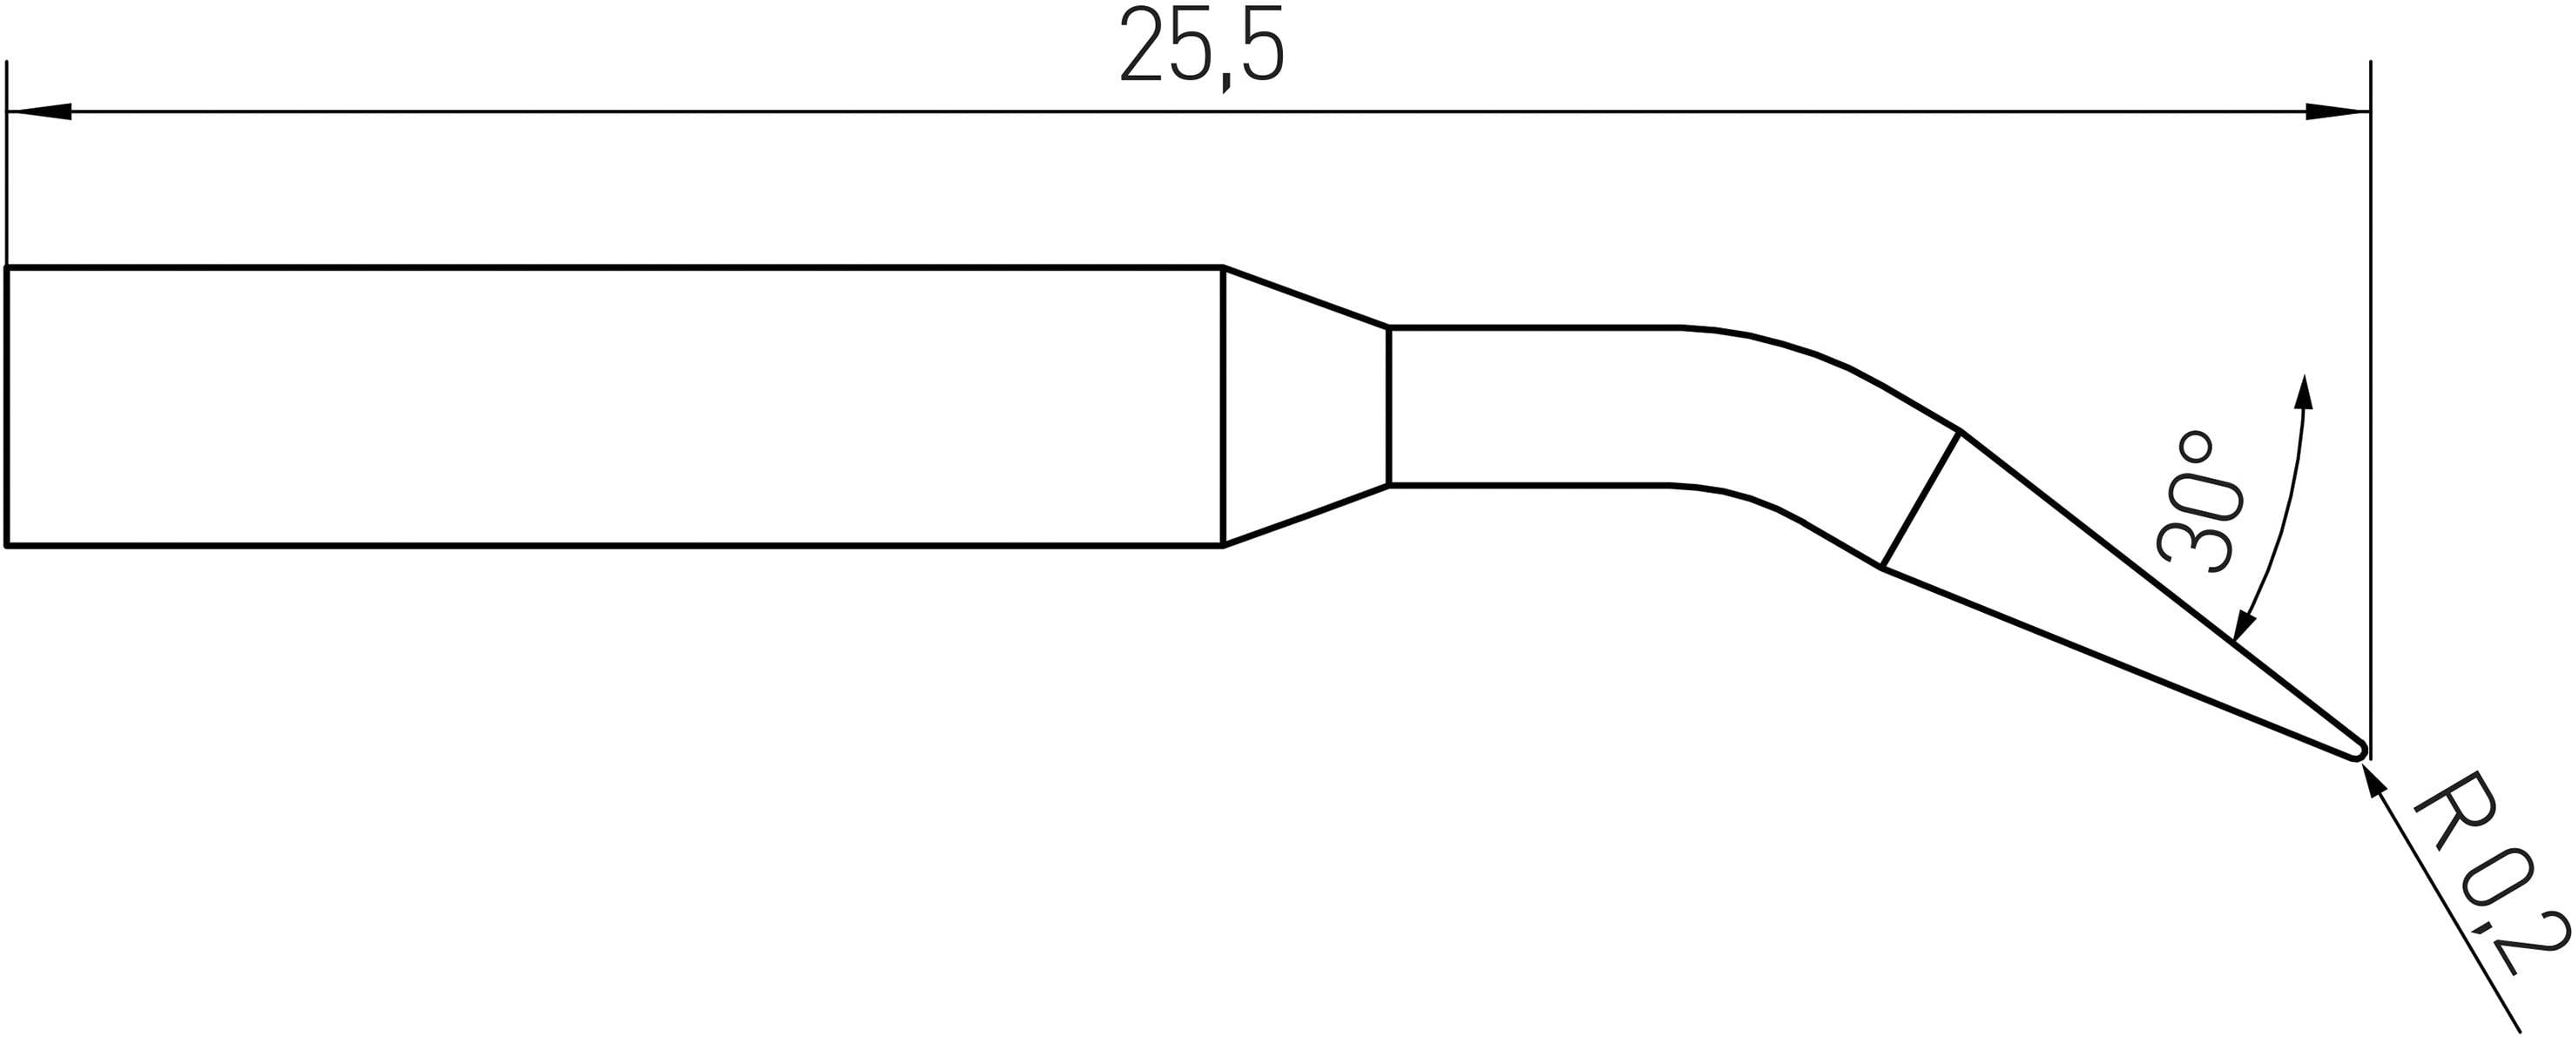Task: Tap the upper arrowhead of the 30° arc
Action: (2305, 392)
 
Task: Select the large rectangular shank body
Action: (614, 407)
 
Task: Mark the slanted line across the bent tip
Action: (1920, 500)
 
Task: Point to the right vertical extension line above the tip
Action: (2370, 400)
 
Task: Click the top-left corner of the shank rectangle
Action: (7, 267)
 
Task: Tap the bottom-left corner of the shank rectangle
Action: (7, 546)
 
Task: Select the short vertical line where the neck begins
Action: (1389, 407)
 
